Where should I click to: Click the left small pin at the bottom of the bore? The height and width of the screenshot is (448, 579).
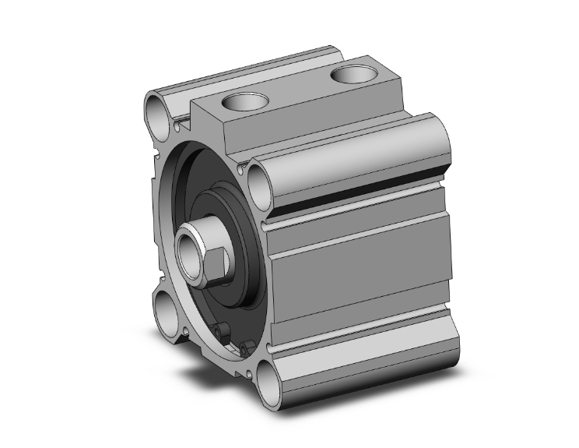(223, 333)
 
